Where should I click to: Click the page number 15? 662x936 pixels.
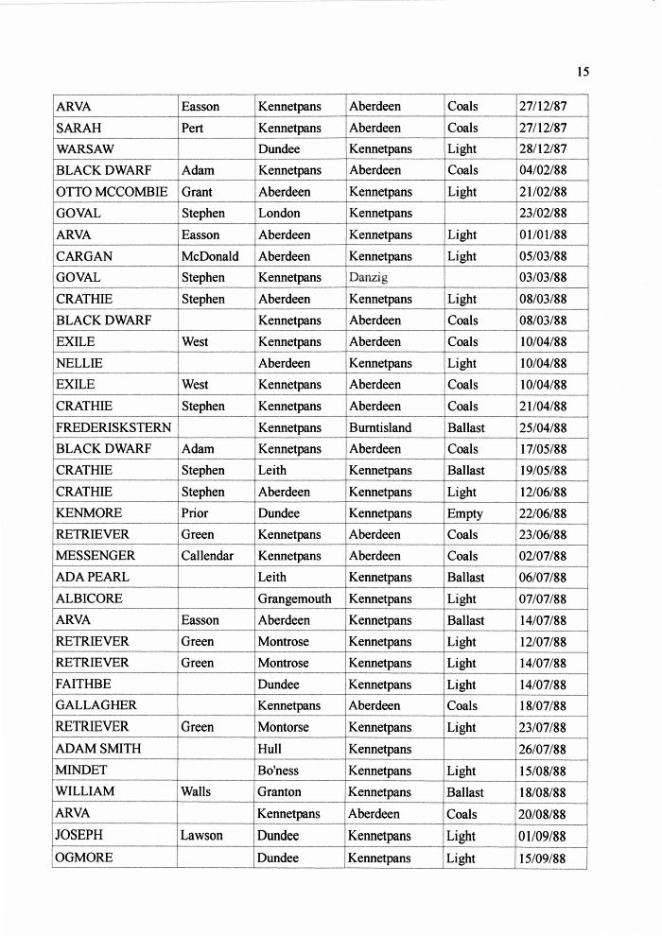click(x=583, y=72)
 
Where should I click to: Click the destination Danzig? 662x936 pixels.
click(x=369, y=278)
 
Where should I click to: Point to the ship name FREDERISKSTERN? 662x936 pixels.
click(x=113, y=427)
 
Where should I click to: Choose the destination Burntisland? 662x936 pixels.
click(x=380, y=427)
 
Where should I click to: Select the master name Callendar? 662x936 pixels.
click(x=207, y=556)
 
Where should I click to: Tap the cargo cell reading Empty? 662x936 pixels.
click(x=464, y=513)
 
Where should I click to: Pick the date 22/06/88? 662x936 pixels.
click(x=543, y=513)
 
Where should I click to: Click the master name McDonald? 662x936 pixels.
click(x=210, y=256)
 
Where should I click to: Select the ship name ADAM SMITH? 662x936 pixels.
click(x=98, y=749)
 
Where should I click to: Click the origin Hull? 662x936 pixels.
click(x=270, y=749)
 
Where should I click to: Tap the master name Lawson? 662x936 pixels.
click(x=202, y=836)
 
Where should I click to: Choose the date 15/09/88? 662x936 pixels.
click(x=543, y=858)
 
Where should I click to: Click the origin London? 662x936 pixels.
click(x=279, y=214)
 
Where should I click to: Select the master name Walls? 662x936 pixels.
click(x=196, y=792)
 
